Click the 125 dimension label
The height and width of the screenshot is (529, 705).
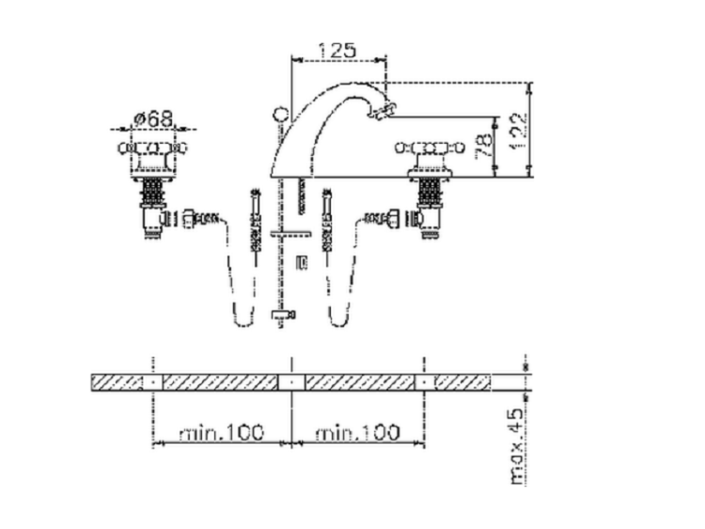click(337, 50)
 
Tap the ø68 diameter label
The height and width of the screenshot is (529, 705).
click(153, 119)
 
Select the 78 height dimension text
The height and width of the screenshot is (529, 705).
click(484, 146)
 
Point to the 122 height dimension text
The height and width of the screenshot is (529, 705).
click(517, 132)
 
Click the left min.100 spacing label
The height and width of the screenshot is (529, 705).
click(221, 433)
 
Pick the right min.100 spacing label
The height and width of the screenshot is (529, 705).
click(357, 433)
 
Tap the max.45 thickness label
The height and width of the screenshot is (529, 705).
click(518, 446)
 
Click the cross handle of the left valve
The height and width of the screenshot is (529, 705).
click(152, 148)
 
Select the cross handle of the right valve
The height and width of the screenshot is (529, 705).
click(430, 147)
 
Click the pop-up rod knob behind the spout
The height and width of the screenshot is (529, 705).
click(280, 113)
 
